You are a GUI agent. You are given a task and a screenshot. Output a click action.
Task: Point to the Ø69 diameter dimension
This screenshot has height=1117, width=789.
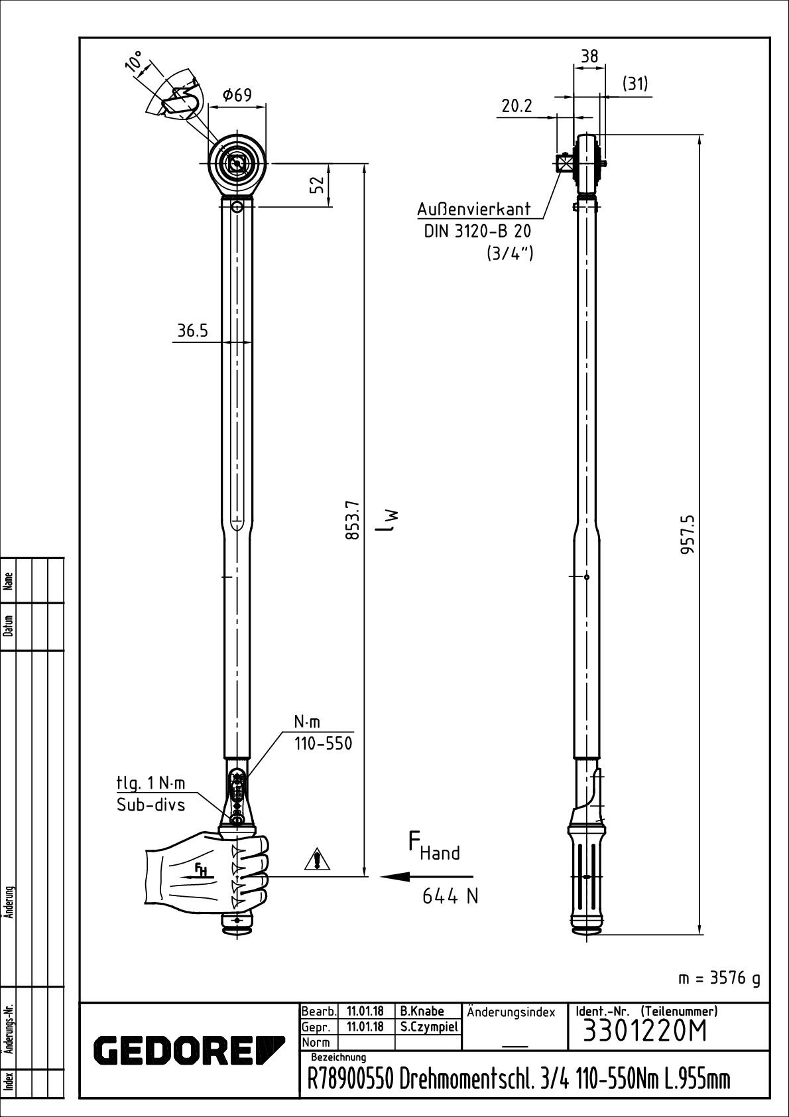237,96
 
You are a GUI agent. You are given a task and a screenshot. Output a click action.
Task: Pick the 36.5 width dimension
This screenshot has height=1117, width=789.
192,331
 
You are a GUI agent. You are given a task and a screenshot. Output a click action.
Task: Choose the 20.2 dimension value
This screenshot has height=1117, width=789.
517,106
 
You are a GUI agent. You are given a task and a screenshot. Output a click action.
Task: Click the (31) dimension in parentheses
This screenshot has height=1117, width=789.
635,84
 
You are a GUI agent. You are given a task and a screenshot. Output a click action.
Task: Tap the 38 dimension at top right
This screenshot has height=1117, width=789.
589,56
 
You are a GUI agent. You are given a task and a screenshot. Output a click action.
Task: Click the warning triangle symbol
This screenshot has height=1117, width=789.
318,860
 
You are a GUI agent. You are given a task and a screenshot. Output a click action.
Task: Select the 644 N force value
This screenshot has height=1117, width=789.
450,897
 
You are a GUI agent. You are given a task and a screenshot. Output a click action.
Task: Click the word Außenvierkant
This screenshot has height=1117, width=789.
474,209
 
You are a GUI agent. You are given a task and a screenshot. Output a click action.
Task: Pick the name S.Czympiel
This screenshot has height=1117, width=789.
429,1027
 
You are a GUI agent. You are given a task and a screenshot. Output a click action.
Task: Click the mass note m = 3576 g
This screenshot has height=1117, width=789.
719,978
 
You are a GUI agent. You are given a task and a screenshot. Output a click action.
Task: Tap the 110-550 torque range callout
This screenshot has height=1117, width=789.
323,744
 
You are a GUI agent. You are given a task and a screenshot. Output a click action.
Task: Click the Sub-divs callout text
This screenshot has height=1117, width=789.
151,805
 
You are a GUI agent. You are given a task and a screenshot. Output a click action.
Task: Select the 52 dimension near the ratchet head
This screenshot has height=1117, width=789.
319,184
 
